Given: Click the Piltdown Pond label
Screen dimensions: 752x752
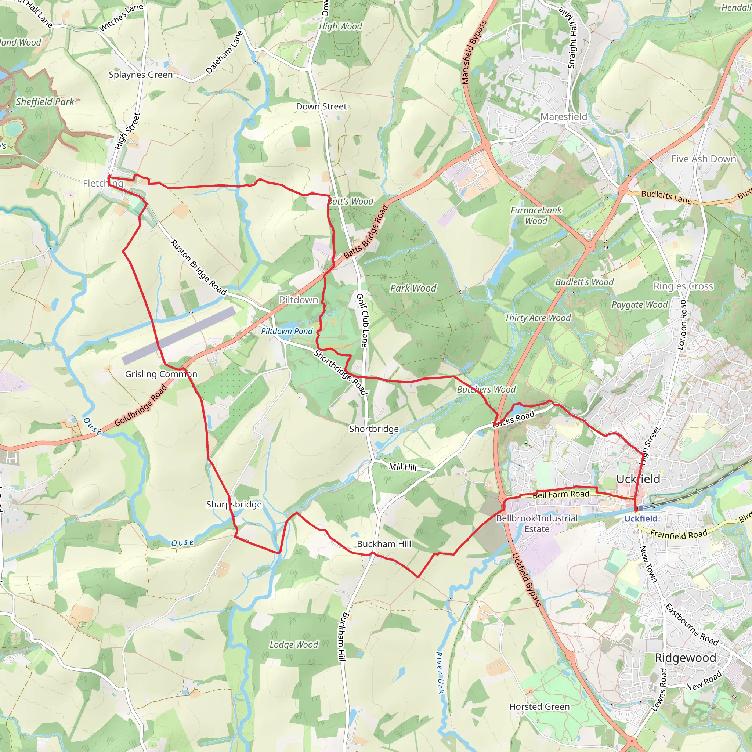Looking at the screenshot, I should tap(286, 331).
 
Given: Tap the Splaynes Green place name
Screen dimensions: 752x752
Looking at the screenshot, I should tap(141, 75).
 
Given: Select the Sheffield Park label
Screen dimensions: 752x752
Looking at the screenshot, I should tap(45, 102).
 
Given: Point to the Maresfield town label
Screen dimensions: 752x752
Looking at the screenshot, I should tap(564, 117).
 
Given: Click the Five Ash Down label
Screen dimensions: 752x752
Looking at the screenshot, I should tap(704, 159).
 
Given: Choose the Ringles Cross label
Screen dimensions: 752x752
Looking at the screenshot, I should tap(683, 286).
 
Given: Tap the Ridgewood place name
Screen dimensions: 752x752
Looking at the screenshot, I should tap(686, 658).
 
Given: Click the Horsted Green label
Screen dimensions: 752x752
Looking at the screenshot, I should tap(539, 706).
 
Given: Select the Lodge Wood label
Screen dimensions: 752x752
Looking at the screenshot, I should tap(294, 644).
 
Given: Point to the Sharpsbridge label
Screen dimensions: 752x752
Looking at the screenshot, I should tap(234, 505).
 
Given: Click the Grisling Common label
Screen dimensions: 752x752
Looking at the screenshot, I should tap(161, 374).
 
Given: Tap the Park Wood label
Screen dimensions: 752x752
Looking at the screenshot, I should tap(413, 288).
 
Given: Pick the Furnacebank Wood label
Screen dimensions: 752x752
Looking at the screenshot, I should tap(536, 216).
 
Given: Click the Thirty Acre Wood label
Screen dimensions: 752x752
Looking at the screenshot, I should tap(538, 318).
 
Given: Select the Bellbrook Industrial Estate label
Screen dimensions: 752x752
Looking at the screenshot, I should tap(537, 524).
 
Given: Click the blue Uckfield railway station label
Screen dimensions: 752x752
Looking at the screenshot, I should tap(641, 518).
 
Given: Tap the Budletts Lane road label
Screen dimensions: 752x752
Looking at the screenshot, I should tap(666, 197).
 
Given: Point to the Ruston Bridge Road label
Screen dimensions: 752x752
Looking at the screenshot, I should tap(199, 267).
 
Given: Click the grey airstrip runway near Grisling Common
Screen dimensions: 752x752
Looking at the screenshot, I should tap(179, 335).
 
